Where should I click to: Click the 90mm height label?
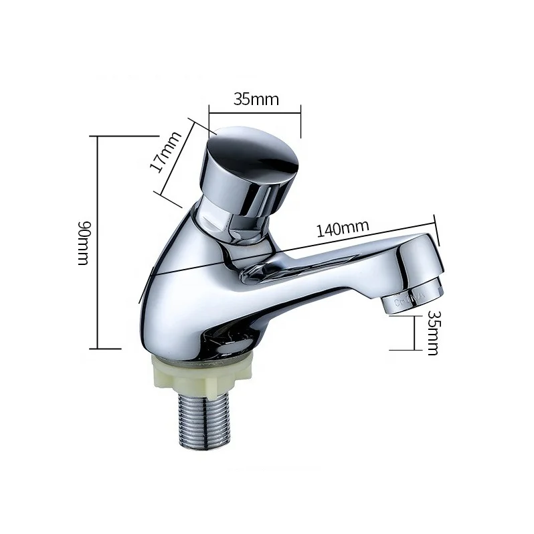[x=82, y=242]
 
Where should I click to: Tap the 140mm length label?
[x=343, y=228]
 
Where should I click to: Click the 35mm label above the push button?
[x=256, y=99]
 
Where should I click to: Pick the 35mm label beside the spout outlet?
[x=433, y=332]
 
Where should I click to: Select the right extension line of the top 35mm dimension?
[x=300, y=120]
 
